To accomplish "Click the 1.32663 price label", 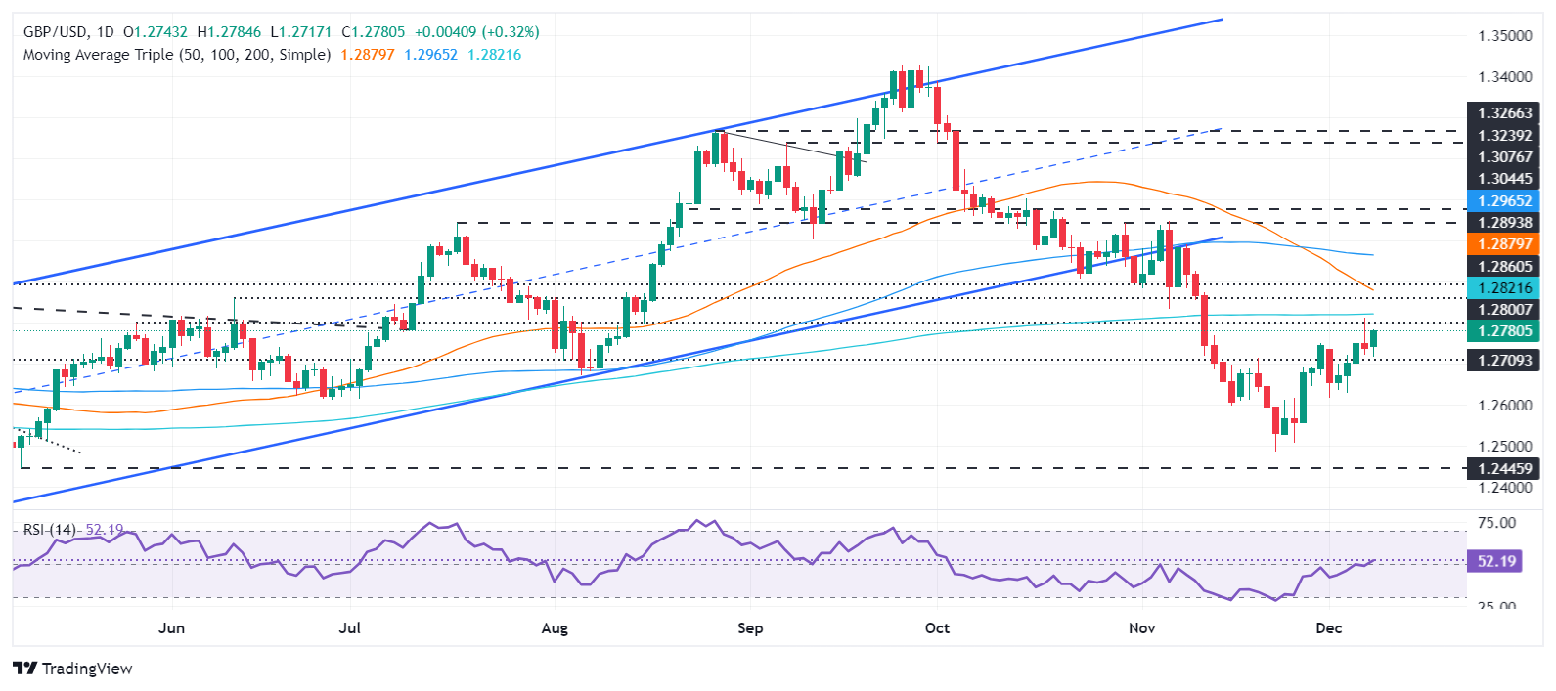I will [x=1504, y=113].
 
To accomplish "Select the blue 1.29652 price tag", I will [x=1504, y=200].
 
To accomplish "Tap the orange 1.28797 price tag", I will [x=1504, y=244].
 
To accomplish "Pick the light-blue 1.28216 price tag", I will [x=1504, y=287].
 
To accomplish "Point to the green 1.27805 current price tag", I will [x=1504, y=331].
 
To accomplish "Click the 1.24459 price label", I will [x=1504, y=469].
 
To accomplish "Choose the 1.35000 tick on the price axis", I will [x=1504, y=36].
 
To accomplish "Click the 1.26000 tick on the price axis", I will [x=1504, y=406].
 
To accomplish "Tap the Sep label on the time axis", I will [x=750, y=627].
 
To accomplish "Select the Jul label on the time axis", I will [x=349, y=627].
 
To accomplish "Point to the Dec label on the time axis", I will [x=1328, y=627].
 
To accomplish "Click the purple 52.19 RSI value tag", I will [x=1496, y=562].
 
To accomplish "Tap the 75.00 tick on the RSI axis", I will [x=1496, y=524].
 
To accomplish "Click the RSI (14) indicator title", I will [x=50, y=530].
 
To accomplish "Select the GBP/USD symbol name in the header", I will [x=55, y=32].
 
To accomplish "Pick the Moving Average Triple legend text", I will [x=177, y=55].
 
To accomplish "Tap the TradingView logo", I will [x=73, y=669].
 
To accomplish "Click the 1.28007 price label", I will [x=1504, y=310].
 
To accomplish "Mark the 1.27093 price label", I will [x=1504, y=361].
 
